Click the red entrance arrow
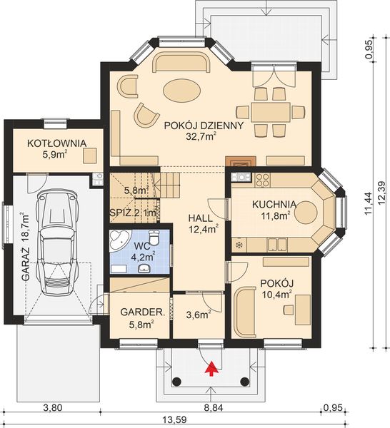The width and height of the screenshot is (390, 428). coord(211,369)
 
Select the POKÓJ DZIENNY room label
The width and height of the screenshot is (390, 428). coord(204,126)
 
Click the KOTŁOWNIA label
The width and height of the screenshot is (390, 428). coord(56,143)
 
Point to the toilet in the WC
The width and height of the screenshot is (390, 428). coord(154,238)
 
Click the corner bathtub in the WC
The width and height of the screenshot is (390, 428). coord(119,240)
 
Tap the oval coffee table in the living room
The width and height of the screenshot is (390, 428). coord(181,91)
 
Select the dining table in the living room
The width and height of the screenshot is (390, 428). coord(271,112)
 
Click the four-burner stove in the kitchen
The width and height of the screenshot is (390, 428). coord(263,180)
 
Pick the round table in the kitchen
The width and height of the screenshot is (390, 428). coord(306,213)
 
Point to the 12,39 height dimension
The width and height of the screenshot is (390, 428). coord(382,193)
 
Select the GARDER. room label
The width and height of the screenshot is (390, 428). coord(143,312)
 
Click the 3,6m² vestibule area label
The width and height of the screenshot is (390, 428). coord(199,315)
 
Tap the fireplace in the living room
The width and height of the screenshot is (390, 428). coord(241,161)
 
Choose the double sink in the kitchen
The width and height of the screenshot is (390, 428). coord(277,244)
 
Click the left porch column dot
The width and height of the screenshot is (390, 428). coord(177,381)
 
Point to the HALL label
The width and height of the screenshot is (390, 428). coord(200,218)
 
